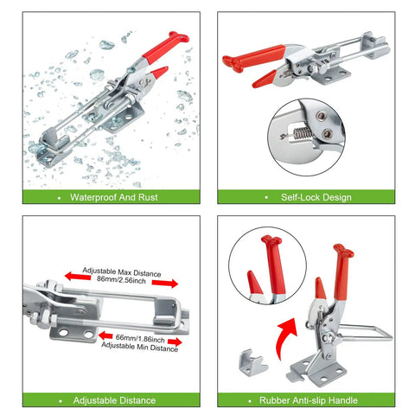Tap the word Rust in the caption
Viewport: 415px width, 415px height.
(x=148, y=197)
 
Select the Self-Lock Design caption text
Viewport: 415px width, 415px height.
(x=316, y=197)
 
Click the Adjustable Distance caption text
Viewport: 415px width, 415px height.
(x=114, y=400)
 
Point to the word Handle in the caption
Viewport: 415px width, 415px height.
(x=343, y=400)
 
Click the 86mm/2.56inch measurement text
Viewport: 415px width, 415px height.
(x=121, y=279)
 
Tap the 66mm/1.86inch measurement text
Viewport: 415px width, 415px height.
(x=140, y=338)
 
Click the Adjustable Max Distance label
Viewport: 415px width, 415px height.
(x=122, y=272)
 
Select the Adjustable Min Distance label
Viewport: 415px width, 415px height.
(x=139, y=347)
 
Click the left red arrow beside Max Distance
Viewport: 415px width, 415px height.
(x=78, y=276)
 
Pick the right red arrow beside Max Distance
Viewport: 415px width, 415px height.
(x=165, y=284)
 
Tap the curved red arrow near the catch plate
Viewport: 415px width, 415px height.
(x=284, y=337)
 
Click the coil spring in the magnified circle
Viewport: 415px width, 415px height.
(x=302, y=133)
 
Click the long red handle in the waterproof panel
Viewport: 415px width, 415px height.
(x=165, y=46)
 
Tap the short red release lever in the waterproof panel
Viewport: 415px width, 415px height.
(x=159, y=73)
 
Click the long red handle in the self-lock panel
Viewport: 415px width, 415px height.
(x=253, y=59)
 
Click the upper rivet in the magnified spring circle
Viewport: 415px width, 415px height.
(x=322, y=116)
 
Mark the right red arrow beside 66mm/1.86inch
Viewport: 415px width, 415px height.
(x=175, y=342)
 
